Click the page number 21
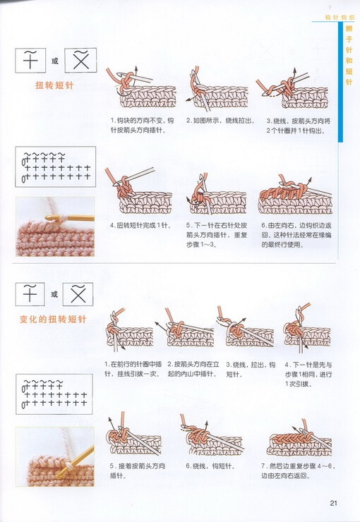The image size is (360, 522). click(x=334, y=503)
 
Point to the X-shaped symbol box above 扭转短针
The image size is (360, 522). click(x=80, y=61)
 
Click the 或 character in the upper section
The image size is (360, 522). click(x=55, y=61)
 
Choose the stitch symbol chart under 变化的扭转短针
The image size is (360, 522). click(x=55, y=396)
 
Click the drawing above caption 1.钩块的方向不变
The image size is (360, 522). click(x=138, y=88)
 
